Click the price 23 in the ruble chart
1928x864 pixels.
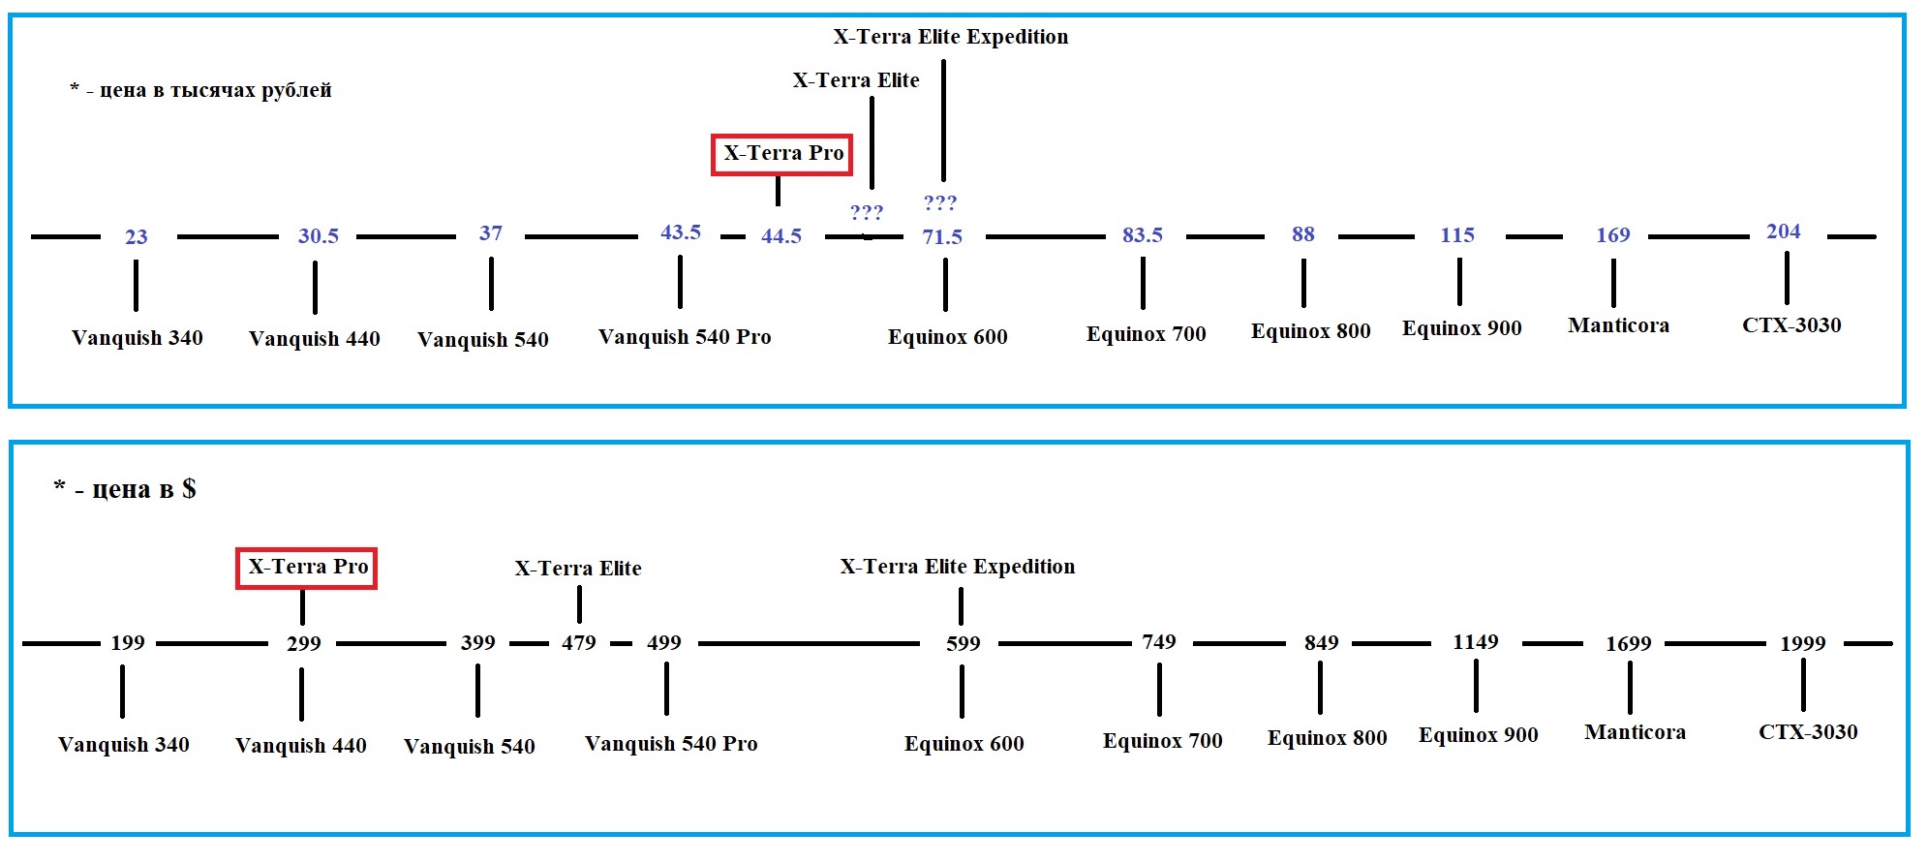tap(137, 237)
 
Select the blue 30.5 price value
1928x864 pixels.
tap(319, 236)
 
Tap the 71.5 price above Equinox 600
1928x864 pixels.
tap(942, 237)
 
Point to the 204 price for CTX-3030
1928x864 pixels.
tap(1783, 231)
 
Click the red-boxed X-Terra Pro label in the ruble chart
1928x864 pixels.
tap(782, 154)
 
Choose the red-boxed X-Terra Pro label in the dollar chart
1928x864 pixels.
tap(307, 567)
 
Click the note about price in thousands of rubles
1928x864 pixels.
tap(201, 90)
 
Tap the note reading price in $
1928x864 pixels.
tap(125, 489)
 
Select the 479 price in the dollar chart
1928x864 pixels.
tap(579, 643)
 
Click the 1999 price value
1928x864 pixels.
tap(1802, 644)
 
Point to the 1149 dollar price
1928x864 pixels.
tap(1475, 642)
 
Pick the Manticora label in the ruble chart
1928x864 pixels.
tap(1618, 325)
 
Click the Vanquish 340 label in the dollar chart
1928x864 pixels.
tap(124, 745)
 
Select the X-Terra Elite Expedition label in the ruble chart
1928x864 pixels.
tap(951, 37)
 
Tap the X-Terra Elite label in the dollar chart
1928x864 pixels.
tap(578, 569)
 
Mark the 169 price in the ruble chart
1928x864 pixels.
tap(1613, 235)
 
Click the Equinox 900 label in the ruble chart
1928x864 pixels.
tap(1461, 328)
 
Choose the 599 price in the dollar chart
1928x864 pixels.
tap(963, 644)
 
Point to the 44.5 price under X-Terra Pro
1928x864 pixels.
tap(781, 236)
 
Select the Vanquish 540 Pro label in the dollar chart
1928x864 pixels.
tap(671, 744)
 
